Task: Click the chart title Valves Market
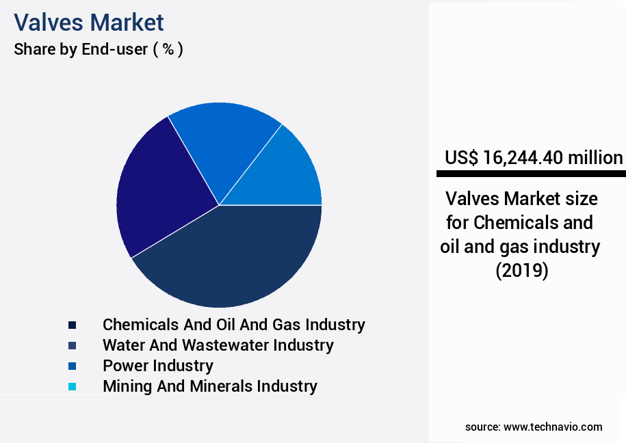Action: coord(89,23)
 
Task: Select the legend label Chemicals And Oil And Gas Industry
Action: coord(233,324)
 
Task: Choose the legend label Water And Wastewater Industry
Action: coord(218,345)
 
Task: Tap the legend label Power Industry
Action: coord(157,365)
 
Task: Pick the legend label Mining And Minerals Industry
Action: coord(209,386)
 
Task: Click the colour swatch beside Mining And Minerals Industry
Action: coord(72,386)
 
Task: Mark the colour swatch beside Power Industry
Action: coord(72,366)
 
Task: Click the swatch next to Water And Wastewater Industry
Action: coord(72,345)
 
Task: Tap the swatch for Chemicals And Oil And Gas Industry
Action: coord(72,325)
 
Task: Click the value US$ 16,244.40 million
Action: coord(534,158)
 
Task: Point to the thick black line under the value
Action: coord(530,174)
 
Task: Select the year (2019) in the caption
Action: coord(521,271)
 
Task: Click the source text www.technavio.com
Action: coord(553,427)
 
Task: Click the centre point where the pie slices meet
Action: coord(219,205)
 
